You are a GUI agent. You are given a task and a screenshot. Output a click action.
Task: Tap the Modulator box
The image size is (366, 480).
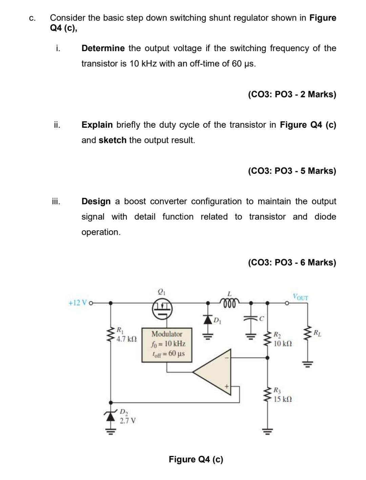point(167,344)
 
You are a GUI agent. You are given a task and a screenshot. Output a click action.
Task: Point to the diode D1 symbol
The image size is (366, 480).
point(207,319)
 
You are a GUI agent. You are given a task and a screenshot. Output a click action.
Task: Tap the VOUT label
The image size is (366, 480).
point(301,297)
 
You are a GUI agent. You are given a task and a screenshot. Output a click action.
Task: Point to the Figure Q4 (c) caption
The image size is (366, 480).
point(196,459)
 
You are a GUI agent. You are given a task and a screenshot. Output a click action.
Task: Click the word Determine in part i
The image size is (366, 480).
point(103,48)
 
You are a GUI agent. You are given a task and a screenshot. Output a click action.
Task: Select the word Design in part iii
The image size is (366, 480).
point(96,201)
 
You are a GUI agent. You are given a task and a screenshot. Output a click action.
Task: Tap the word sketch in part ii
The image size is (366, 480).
point(113,140)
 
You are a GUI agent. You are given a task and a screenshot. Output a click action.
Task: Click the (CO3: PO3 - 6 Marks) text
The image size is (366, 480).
point(292,262)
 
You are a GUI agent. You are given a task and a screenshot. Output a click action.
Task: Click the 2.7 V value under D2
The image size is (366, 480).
point(128,421)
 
